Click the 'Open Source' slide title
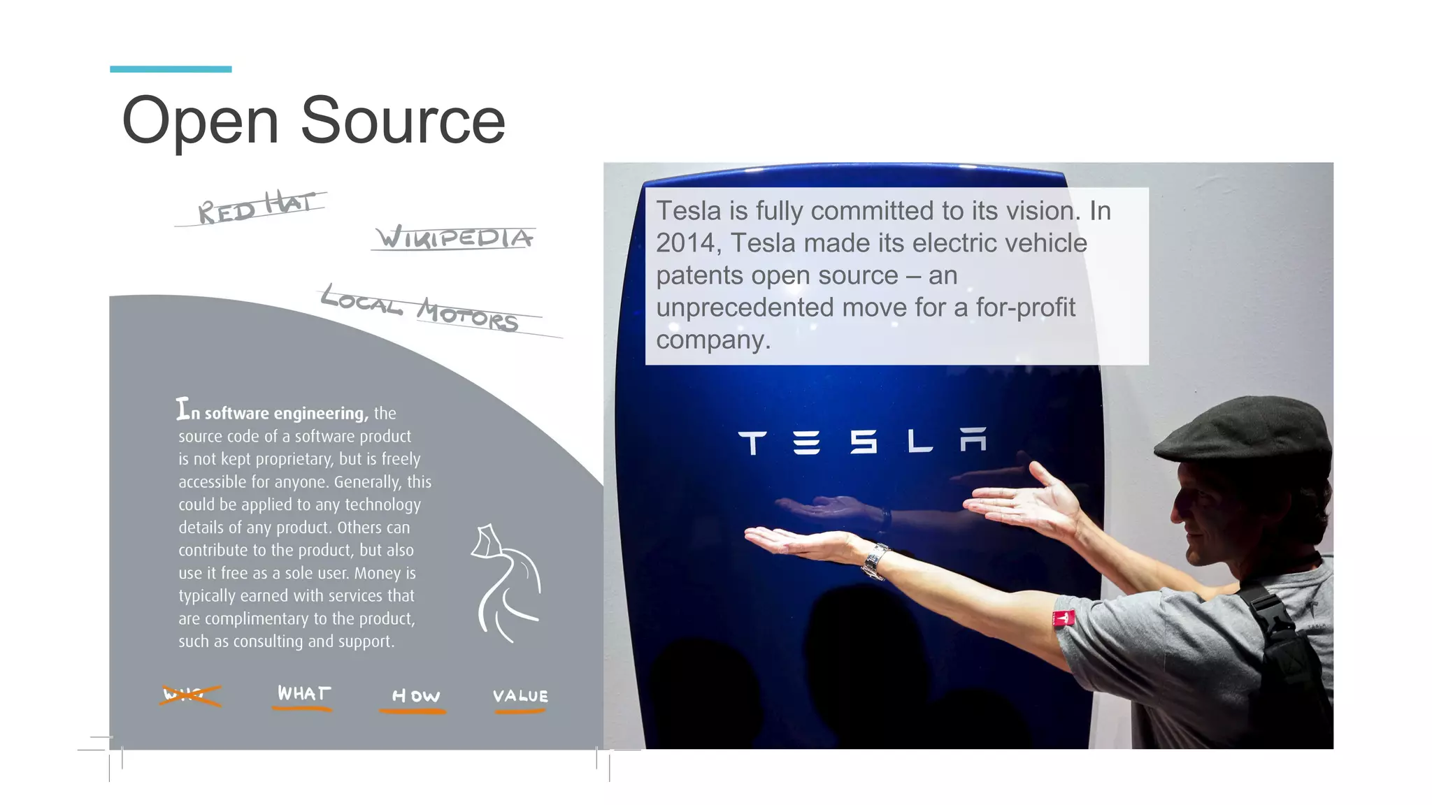(313, 120)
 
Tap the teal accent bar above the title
(171, 69)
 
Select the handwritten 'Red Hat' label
(255, 208)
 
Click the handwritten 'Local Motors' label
(420, 310)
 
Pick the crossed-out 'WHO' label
(189, 695)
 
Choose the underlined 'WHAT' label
(303, 694)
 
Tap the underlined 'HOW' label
(415, 697)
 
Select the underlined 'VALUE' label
(520, 697)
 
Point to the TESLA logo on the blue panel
(862, 442)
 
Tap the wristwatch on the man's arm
(875, 560)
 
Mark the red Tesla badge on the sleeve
(1064, 618)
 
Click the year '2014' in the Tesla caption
(686, 243)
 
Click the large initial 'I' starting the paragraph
(182, 409)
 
